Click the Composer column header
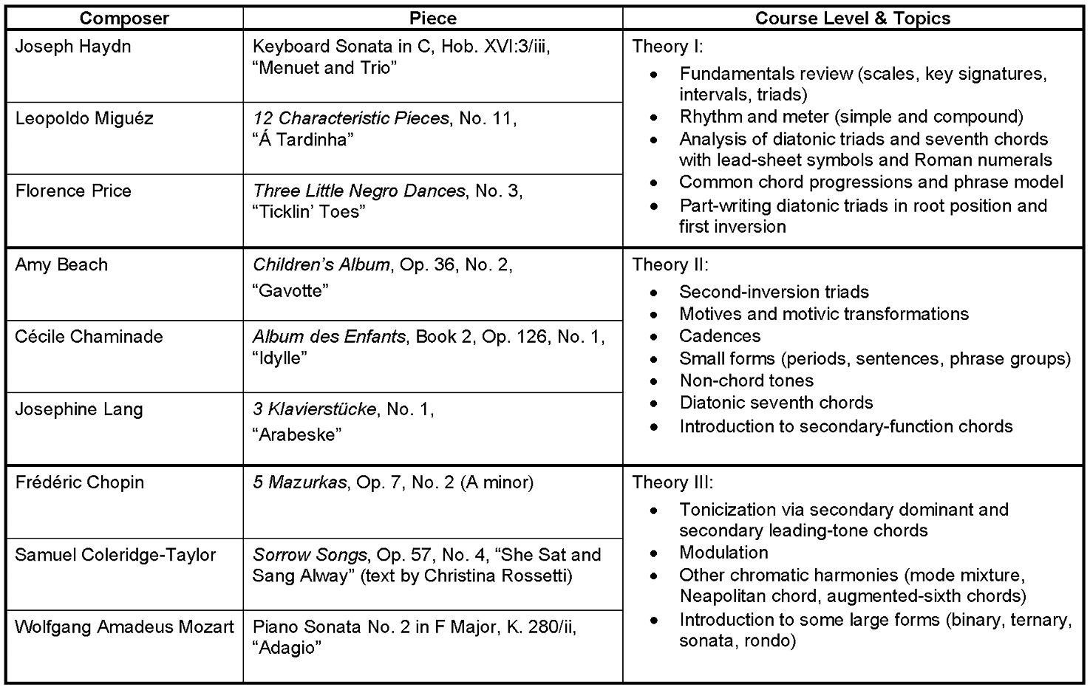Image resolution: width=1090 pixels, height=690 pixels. (124, 18)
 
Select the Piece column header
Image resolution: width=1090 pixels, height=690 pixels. (432, 18)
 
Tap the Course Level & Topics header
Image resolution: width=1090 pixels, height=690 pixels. (853, 18)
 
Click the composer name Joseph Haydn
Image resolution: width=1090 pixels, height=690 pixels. (73, 47)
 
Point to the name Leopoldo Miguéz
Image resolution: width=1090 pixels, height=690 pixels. (84, 119)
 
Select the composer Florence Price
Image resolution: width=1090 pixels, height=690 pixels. (73, 191)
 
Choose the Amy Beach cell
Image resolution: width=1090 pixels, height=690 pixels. (61, 264)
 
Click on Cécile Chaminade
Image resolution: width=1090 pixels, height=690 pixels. (89, 337)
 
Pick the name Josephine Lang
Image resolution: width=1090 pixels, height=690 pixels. (79, 409)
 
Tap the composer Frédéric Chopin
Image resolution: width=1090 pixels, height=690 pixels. (80, 482)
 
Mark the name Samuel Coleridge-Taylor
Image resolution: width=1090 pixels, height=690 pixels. (115, 555)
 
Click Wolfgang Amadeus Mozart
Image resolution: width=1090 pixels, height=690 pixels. (124, 627)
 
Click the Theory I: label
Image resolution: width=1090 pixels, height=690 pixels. (668, 47)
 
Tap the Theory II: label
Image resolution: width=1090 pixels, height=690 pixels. (670, 264)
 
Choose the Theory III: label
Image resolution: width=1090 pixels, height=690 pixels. (672, 482)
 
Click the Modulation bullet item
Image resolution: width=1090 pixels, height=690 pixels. (723, 553)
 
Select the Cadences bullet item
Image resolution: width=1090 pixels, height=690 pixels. (720, 336)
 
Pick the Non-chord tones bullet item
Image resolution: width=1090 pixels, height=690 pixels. (746, 380)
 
